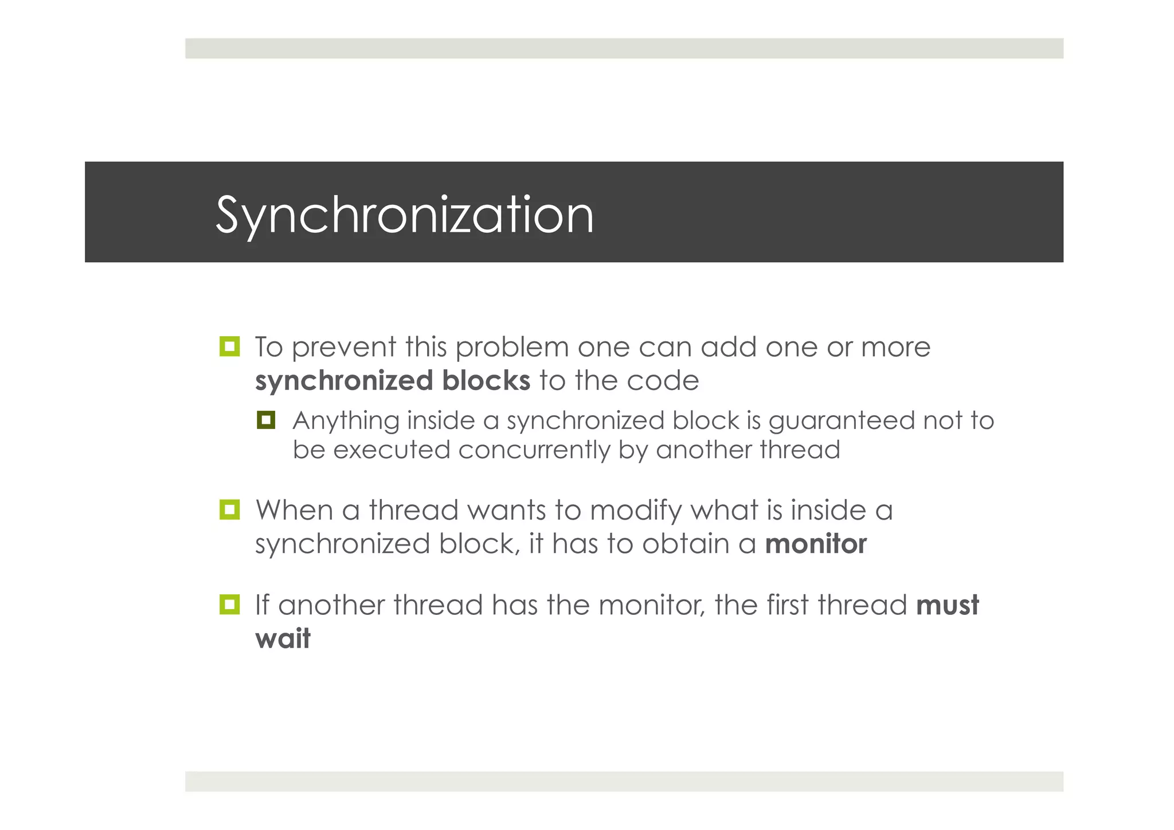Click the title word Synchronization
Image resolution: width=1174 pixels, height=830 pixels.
tap(404, 216)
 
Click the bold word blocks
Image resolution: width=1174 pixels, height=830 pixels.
tap(486, 381)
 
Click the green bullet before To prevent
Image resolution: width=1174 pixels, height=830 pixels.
tap(229, 346)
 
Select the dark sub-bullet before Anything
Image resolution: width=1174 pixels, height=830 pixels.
tap(266, 420)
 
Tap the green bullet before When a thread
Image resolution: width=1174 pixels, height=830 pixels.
tap(229, 509)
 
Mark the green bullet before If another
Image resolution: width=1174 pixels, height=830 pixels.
tap(229, 605)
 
